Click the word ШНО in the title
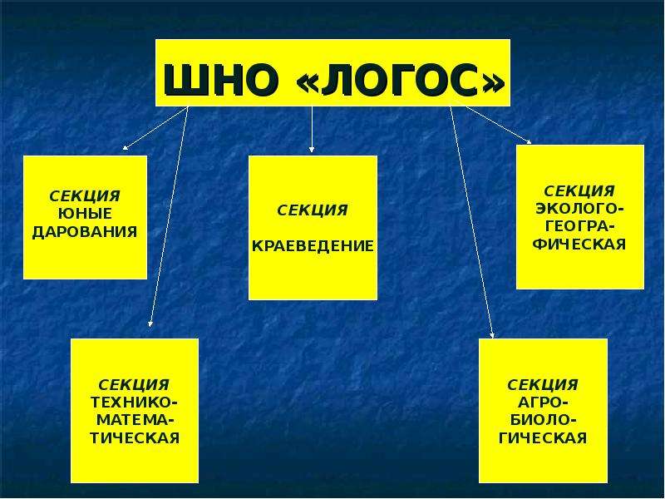pos(221,80)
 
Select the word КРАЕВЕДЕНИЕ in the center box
pos(313,245)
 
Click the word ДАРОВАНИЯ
pos(85,232)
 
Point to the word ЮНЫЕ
pos(85,214)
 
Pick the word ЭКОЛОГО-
pos(579,210)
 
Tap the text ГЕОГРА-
pos(579,227)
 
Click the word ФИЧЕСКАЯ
pos(579,245)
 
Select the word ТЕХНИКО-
pos(135,403)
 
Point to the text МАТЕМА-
pos(135,420)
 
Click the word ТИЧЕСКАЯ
pos(135,438)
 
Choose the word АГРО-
pos(543,403)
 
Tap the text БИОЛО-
pos(543,420)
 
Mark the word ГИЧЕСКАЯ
pos(543,438)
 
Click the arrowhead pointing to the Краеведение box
pos(312,150)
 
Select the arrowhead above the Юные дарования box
pos(126,148)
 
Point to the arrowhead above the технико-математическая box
pos(150,324)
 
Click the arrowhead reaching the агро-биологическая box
pos(492,335)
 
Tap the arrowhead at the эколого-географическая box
pos(529,142)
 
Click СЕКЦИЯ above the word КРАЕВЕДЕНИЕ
pos(313,210)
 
